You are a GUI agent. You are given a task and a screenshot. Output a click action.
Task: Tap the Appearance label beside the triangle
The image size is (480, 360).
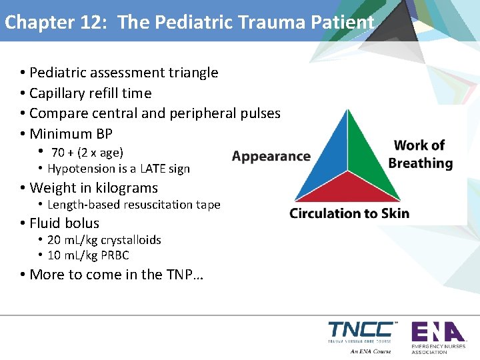pos(271,157)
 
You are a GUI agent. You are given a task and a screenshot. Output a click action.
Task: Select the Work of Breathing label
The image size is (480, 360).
pos(420,154)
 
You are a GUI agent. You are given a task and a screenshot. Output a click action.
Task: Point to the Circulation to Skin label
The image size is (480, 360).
pos(349,213)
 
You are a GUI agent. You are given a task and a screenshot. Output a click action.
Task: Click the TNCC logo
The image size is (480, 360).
pos(360,331)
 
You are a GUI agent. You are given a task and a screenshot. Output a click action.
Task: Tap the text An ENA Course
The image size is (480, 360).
pos(370,351)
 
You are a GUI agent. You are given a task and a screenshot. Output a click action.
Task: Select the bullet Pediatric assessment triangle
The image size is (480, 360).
pos(123,73)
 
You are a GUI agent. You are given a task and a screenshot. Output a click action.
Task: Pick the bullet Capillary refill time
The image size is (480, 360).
pos(90,93)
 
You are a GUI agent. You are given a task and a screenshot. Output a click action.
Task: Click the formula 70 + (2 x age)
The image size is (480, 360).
pos(87,153)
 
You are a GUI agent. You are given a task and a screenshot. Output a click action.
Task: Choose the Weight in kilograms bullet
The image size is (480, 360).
pos(93,188)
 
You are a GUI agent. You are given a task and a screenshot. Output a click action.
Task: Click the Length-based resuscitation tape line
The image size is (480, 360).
pos(133,205)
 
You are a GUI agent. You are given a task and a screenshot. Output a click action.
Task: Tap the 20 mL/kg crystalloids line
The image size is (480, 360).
pos(104,240)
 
